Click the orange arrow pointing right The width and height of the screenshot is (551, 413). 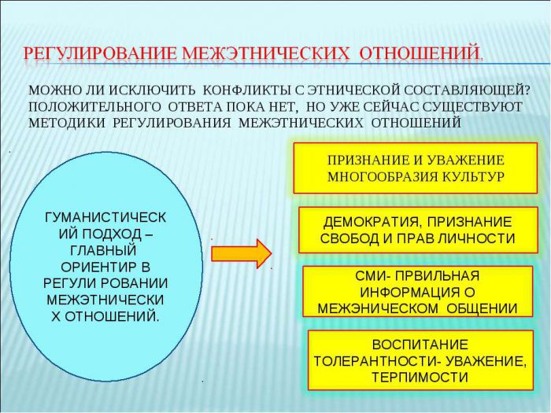point(242,253)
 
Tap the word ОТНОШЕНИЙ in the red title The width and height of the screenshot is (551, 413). point(420,53)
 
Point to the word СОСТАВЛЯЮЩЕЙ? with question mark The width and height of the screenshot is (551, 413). point(467,90)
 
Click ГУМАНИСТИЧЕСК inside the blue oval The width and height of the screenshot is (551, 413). point(105,217)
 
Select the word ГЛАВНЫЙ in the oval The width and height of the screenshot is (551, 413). point(103,250)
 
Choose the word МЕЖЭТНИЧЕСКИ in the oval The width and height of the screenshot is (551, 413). point(105,300)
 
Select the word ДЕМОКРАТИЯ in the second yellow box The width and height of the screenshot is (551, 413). point(371,222)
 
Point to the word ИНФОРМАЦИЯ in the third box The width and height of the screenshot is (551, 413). point(410,292)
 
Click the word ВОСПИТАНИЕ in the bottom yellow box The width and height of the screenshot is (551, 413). point(420,345)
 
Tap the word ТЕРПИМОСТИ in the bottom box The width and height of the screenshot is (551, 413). point(420,377)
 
